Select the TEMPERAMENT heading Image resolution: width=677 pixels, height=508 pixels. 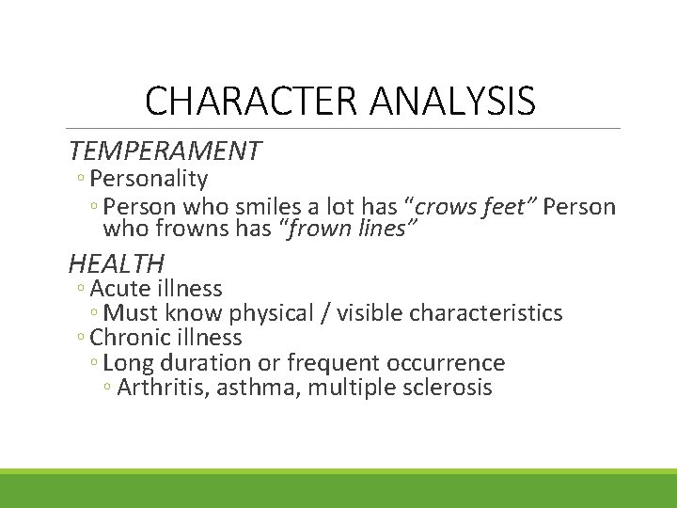[x=165, y=151]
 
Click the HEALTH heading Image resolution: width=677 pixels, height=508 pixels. [x=116, y=263]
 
